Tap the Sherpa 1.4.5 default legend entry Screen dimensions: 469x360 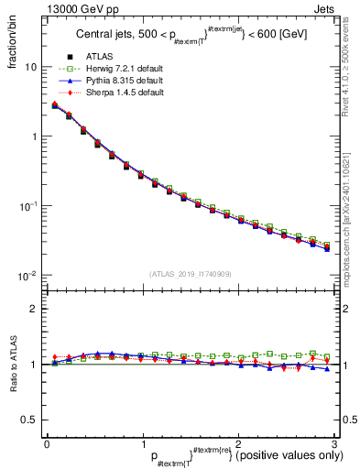[x=119, y=93]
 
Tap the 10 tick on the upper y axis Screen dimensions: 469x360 [x=32, y=67]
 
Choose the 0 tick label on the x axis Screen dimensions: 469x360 [x=47, y=444]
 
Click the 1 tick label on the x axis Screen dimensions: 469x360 [x=142, y=444]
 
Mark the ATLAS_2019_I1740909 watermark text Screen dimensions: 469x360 [x=191, y=275]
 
